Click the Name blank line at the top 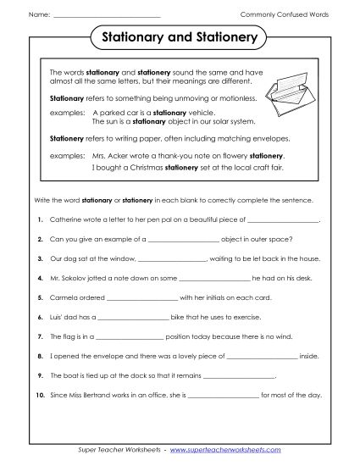click(x=106, y=15)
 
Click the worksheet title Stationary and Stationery click(x=180, y=38)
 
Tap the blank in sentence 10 click(x=222, y=394)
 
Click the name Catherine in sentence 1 click(x=67, y=219)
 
